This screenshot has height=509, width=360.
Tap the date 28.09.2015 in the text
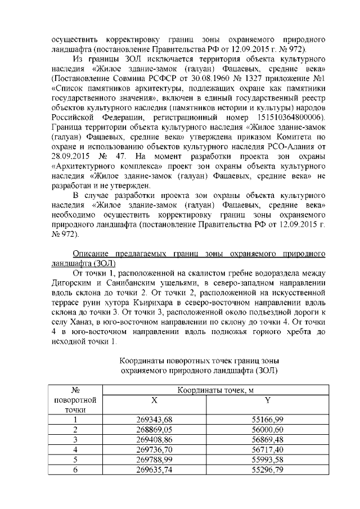69,155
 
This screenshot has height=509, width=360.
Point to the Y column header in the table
268,399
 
